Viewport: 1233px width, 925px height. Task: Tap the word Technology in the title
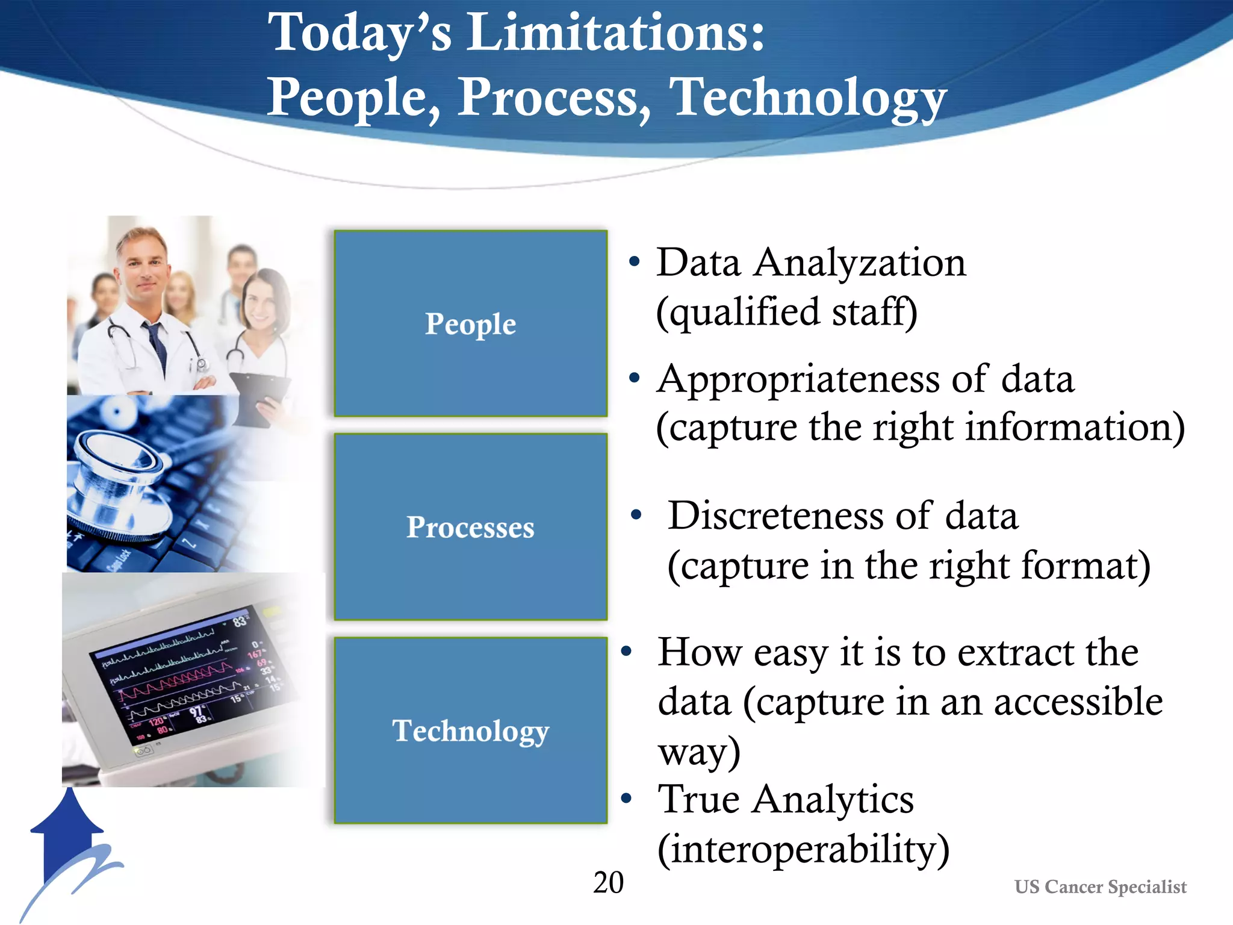808,98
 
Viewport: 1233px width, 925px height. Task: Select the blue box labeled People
470,323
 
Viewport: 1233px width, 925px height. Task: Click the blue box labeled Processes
470,527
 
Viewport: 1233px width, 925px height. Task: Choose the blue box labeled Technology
470,730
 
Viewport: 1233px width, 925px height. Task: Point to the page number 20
608,883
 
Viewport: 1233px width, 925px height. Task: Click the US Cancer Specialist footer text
1100,887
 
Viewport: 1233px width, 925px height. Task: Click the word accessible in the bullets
1078,702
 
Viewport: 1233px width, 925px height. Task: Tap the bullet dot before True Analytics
626,799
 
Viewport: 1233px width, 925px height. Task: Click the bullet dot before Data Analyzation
633,262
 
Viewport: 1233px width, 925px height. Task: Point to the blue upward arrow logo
67,837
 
